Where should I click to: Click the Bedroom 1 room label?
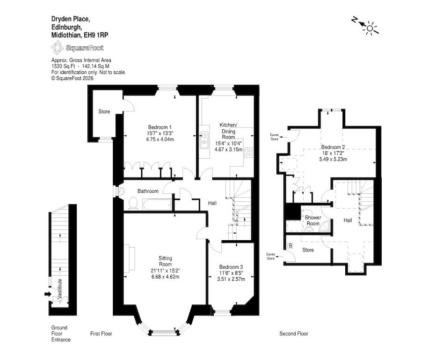click(x=160, y=127)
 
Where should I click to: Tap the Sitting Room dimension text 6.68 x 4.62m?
click(x=165, y=276)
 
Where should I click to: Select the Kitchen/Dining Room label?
click(x=228, y=131)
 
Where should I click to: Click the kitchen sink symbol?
click(x=204, y=140)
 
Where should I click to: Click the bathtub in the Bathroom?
click(x=157, y=205)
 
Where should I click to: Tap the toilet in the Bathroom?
click(x=133, y=203)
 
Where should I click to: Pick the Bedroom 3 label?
click(x=231, y=267)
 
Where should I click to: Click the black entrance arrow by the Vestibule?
click(x=48, y=294)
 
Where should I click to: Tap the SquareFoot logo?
click(x=77, y=48)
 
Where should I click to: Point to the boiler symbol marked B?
click(x=290, y=246)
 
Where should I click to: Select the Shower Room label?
click(x=313, y=220)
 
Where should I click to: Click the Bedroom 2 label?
click(x=333, y=147)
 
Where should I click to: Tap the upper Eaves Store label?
click(x=275, y=137)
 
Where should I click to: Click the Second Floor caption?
click(x=294, y=334)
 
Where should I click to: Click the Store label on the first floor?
click(x=104, y=111)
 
